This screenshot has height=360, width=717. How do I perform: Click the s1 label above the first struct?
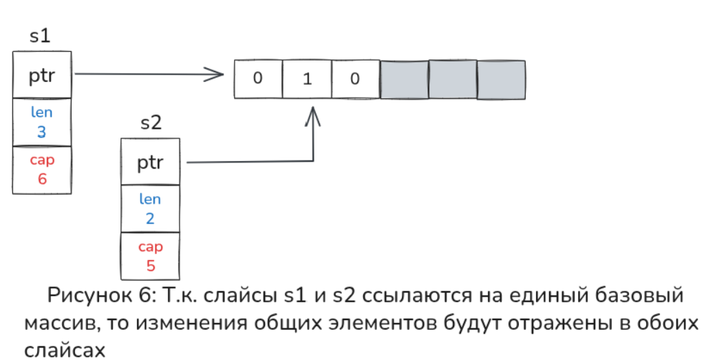point(40,36)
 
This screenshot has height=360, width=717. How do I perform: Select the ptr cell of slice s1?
point(41,75)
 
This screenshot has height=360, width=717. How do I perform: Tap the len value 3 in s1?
point(41,132)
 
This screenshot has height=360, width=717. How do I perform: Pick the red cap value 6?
point(41,179)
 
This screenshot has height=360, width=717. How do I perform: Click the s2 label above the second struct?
point(151,124)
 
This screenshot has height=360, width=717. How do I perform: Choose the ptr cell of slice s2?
point(150,162)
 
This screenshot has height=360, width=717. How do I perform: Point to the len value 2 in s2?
point(150,219)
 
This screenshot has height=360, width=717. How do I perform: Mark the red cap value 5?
point(150,265)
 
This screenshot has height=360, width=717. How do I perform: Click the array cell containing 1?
point(307,78)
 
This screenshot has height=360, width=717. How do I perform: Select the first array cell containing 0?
point(258,78)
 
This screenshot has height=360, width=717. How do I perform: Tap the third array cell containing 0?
point(355,78)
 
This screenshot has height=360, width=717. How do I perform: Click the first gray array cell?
point(404,78)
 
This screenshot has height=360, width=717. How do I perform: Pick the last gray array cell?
point(502,78)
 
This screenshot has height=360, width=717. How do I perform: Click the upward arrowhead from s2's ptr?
point(313,114)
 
